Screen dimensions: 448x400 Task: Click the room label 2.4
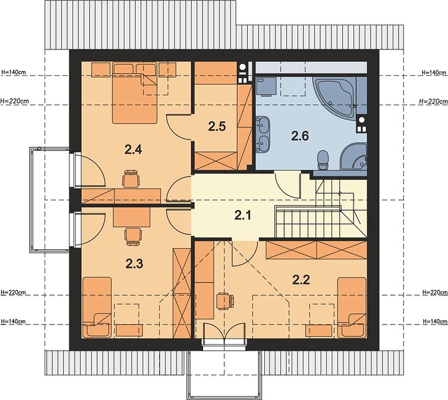click(x=133, y=149)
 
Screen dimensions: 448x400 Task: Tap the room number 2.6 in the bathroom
click(x=300, y=135)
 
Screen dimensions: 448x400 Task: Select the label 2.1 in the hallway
click(x=243, y=215)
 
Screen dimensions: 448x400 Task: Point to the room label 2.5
click(x=217, y=126)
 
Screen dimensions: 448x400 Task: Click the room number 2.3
click(x=134, y=264)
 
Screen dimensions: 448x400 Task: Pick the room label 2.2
click(x=301, y=280)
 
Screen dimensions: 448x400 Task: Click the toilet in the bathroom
click(x=323, y=160)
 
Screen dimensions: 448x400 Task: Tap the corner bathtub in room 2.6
click(x=336, y=97)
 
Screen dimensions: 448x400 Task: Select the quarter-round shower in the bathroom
click(x=354, y=157)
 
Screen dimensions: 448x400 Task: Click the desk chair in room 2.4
click(x=131, y=179)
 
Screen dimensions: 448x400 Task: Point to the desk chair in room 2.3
click(x=133, y=236)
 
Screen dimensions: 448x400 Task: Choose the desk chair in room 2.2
click(x=225, y=301)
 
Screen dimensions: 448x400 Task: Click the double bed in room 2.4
click(x=134, y=93)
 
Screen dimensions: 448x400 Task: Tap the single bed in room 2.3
click(x=97, y=307)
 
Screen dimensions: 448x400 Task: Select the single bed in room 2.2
click(x=351, y=307)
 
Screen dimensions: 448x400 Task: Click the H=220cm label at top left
click(x=15, y=101)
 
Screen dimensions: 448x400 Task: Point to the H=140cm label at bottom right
click(x=435, y=321)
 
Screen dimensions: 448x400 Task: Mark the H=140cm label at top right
click(x=434, y=73)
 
